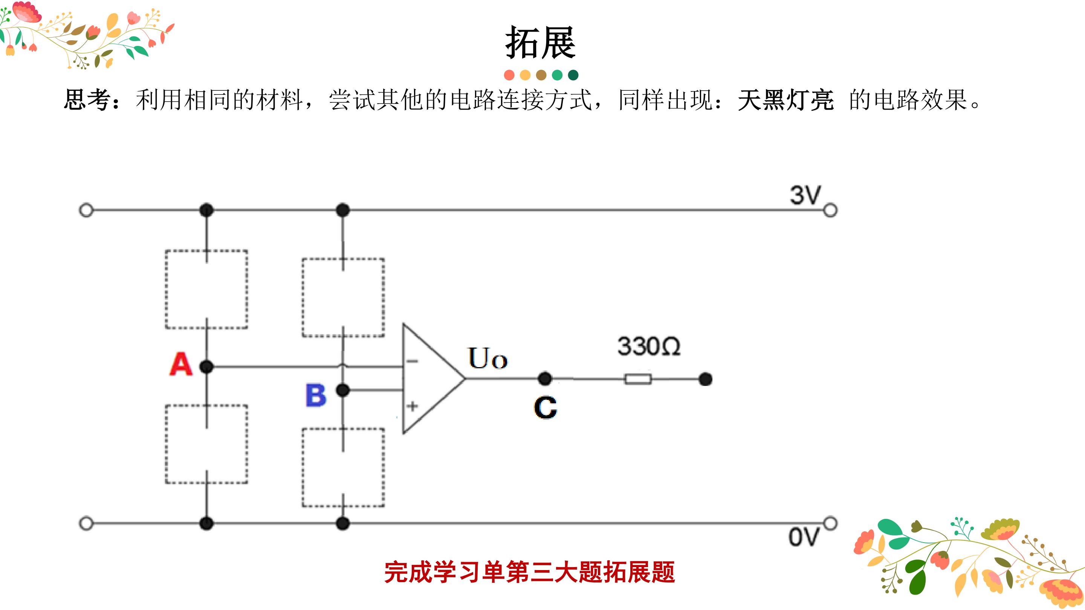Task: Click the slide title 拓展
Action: (x=540, y=43)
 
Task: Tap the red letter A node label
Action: (x=181, y=364)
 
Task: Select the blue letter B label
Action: (x=316, y=395)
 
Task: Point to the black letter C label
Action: (x=546, y=407)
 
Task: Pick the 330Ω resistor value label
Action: (x=649, y=346)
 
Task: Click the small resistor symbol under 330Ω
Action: (x=638, y=379)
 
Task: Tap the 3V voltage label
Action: (x=805, y=195)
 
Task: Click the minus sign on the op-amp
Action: (x=412, y=361)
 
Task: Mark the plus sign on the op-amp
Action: (x=413, y=406)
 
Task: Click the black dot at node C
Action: (x=545, y=378)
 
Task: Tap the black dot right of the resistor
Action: (x=706, y=379)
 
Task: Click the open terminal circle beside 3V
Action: (x=830, y=210)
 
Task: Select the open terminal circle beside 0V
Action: (x=830, y=523)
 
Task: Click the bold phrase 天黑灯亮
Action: (x=785, y=100)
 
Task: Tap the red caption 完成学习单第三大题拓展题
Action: (x=529, y=572)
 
